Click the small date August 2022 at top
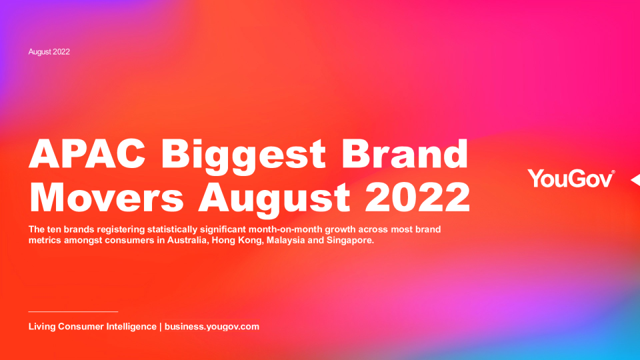(49, 52)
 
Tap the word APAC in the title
(87, 153)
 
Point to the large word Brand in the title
(405, 153)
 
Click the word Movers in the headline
(106, 197)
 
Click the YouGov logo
(571, 179)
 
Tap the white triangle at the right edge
(635, 179)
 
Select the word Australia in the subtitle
(188, 240)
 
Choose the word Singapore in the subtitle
(350, 241)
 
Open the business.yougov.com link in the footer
(212, 327)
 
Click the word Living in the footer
(41, 327)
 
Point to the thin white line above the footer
(73, 311)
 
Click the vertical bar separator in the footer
(161, 327)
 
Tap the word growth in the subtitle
(340, 229)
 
